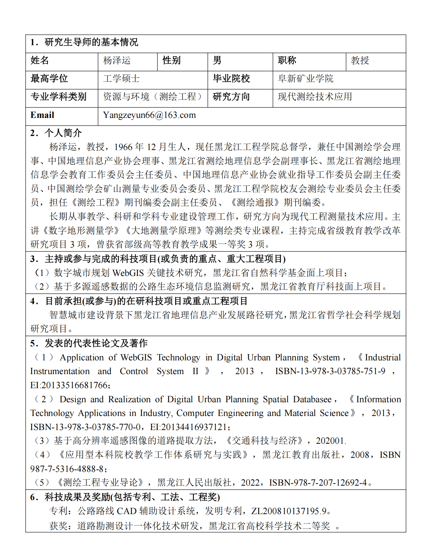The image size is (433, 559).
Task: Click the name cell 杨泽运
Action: (117, 61)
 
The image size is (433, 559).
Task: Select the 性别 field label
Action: (171, 61)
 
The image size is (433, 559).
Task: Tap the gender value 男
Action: (217, 61)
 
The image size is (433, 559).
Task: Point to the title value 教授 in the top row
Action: (360, 61)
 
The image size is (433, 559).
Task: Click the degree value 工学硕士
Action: (121, 79)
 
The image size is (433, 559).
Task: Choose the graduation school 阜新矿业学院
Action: (305, 79)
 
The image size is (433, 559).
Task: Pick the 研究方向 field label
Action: (231, 97)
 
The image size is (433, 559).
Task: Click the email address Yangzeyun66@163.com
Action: (149, 115)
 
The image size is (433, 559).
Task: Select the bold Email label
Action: (42, 115)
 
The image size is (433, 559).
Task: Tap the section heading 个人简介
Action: (63, 133)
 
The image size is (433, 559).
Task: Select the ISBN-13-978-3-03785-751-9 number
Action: (330, 371)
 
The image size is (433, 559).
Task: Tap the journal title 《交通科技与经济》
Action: (264, 441)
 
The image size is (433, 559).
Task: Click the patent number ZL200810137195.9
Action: (289, 511)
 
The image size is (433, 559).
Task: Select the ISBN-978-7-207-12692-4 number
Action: (318, 483)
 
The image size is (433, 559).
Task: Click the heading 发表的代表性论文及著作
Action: (96, 343)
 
